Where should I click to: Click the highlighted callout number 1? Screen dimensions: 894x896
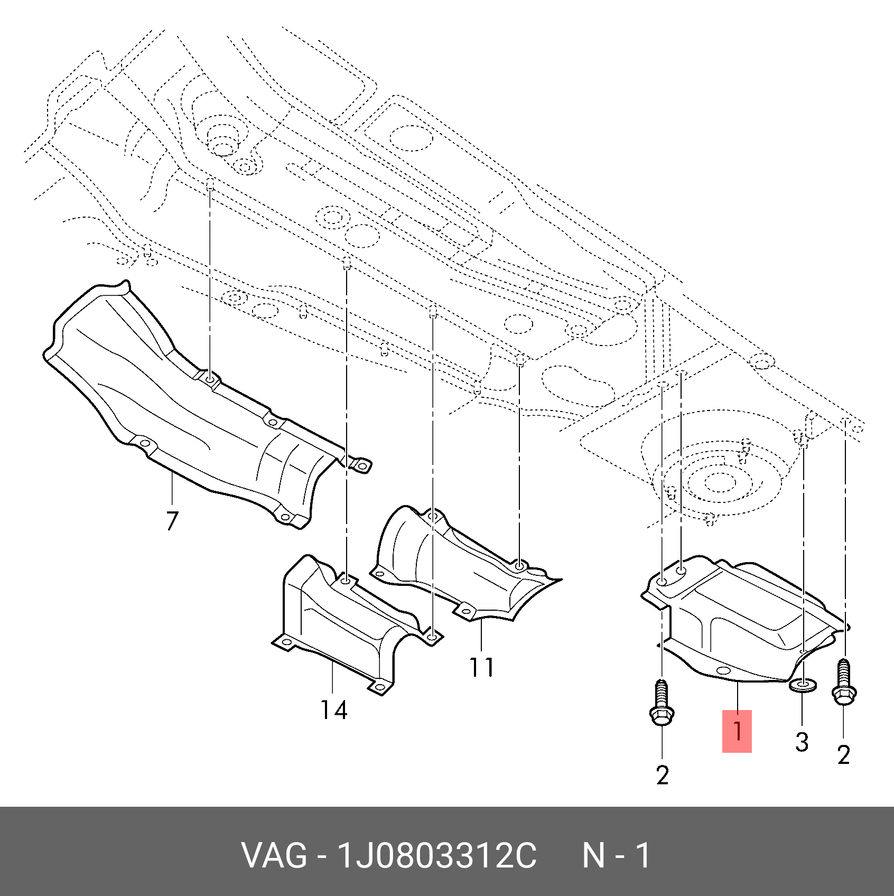(737, 731)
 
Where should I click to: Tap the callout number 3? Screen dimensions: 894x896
(802, 742)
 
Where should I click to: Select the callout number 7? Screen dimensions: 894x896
(172, 521)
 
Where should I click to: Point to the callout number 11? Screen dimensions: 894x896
(481, 667)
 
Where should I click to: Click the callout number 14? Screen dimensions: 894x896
(334, 710)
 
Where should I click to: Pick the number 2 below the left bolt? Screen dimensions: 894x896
(663, 775)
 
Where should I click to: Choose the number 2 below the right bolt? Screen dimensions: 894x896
(844, 754)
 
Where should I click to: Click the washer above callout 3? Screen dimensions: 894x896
(802, 686)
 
